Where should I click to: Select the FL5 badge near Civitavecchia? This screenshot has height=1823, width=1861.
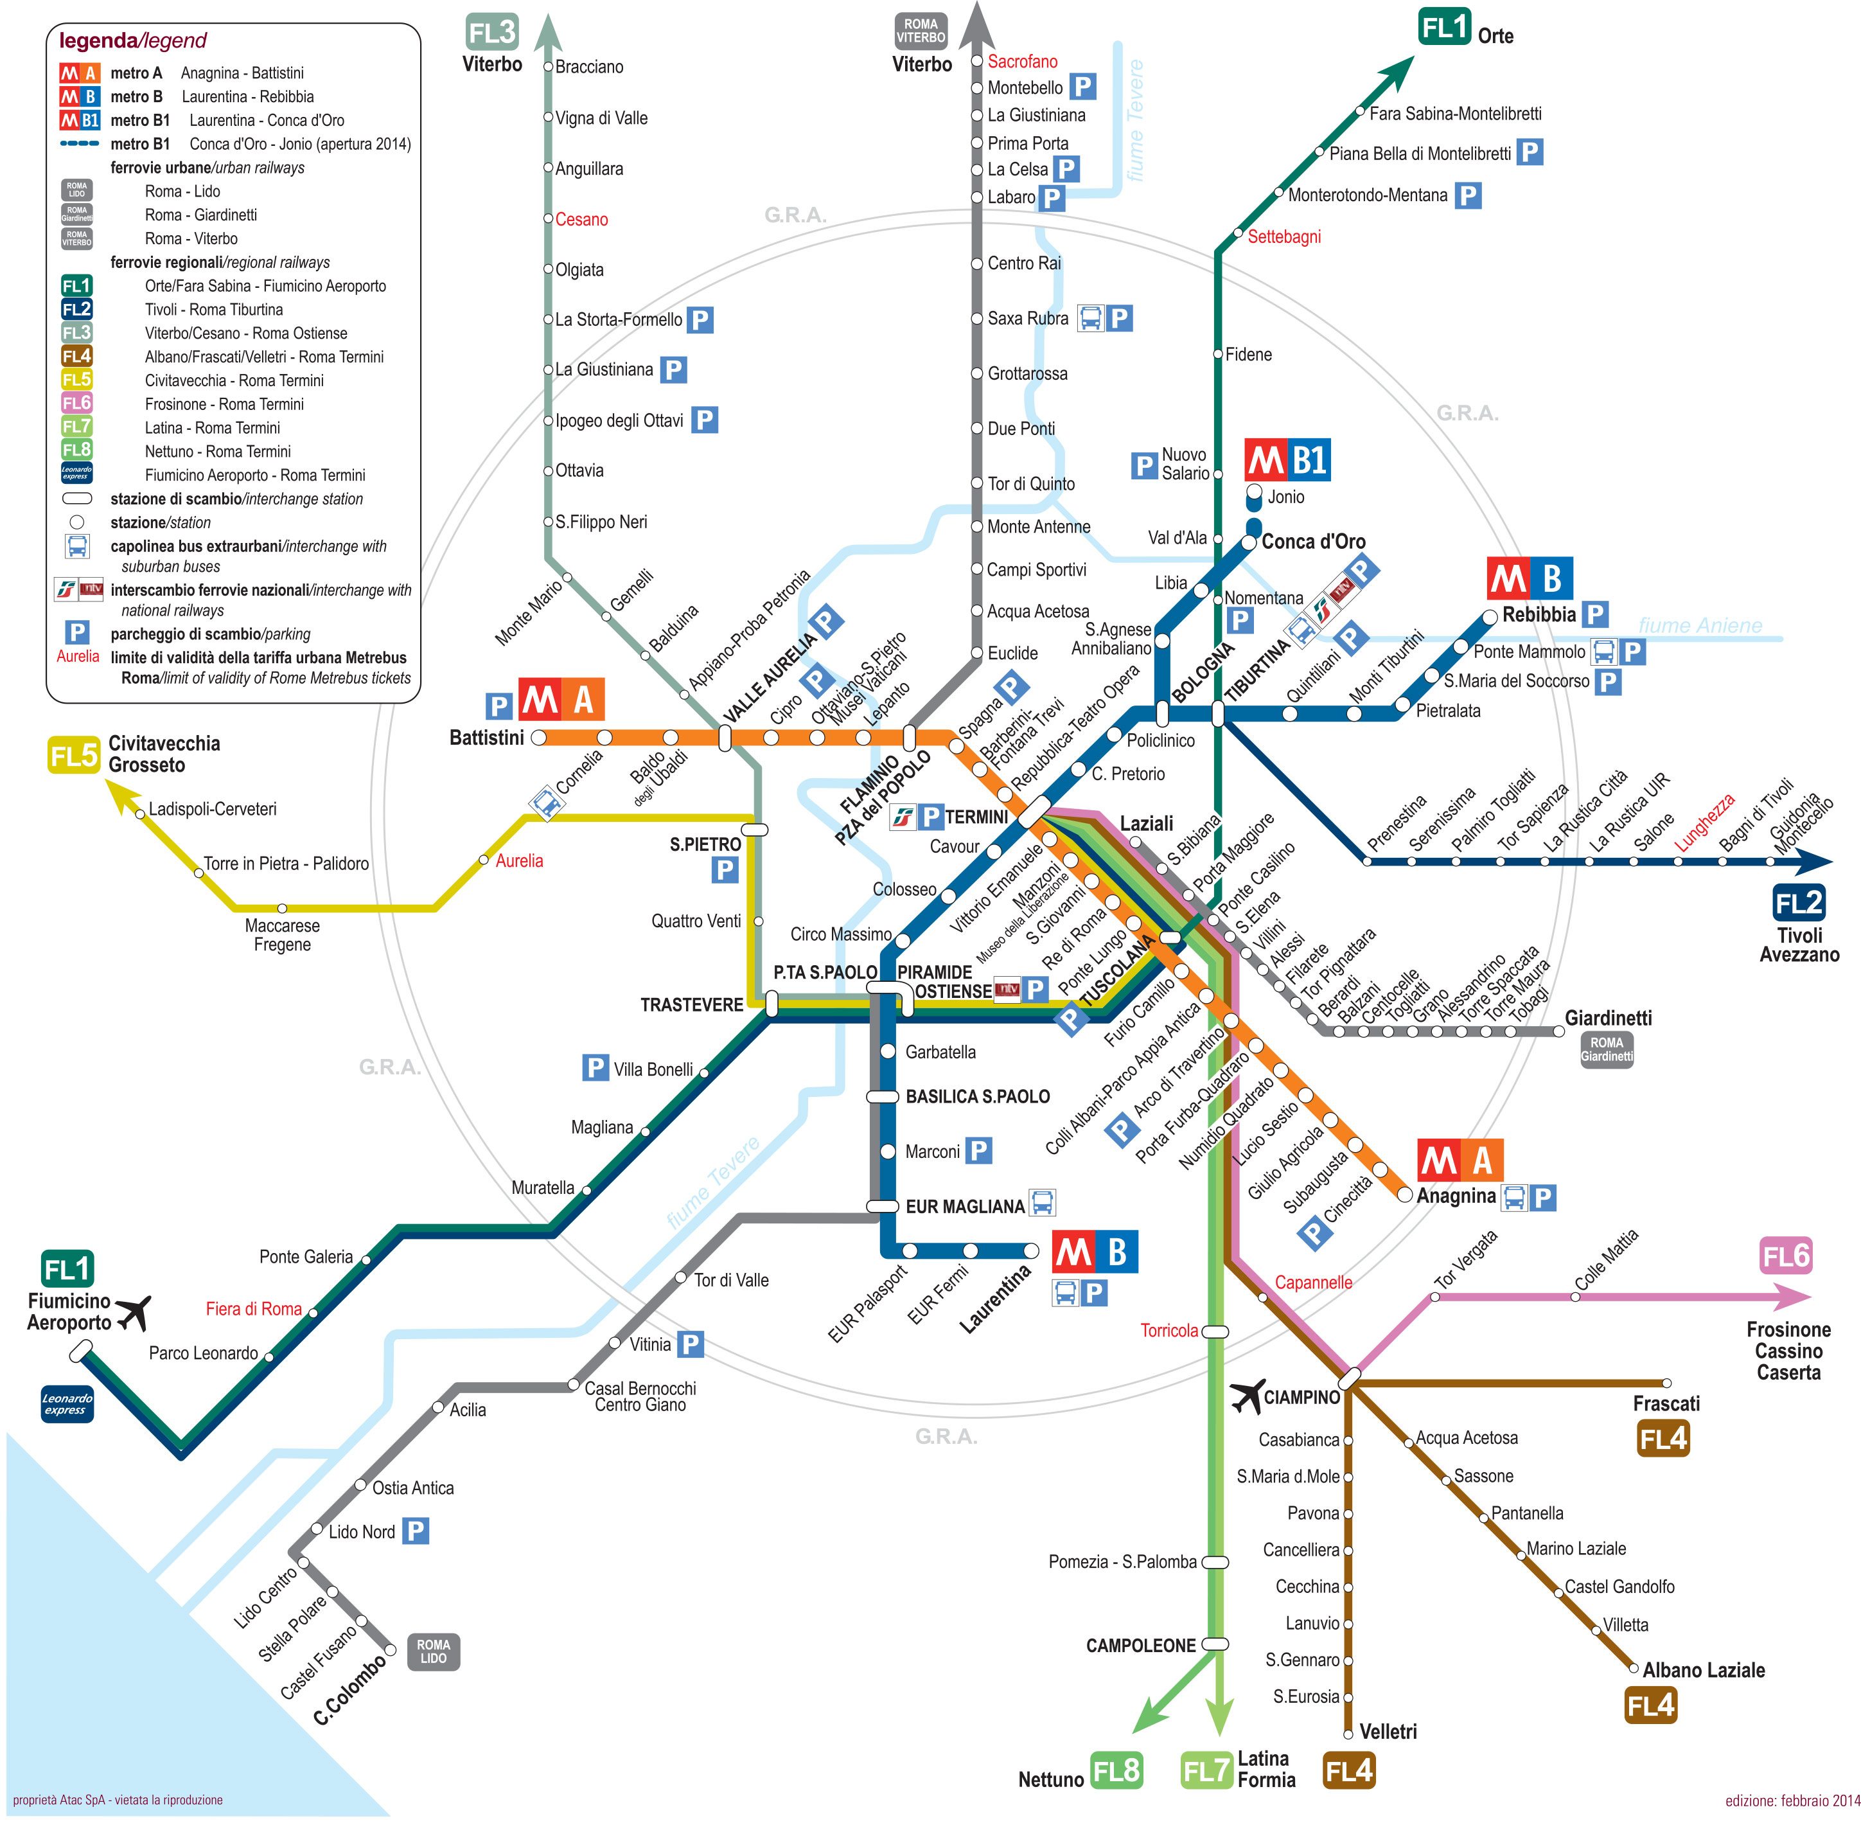(x=74, y=756)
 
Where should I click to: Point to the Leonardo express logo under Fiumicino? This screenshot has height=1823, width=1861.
(x=67, y=1403)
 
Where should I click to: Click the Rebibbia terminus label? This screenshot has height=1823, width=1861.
(x=1539, y=615)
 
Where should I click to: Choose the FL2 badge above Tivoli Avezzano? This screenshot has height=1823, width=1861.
(x=1799, y=902)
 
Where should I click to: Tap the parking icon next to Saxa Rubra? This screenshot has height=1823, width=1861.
(x=1118, y=318)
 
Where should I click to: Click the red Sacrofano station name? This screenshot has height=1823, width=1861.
(x=1023, y=61)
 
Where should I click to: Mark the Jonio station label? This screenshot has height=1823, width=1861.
(x=1285, y=497)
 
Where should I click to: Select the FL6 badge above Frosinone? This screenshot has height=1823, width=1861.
(x=1785, y=1256)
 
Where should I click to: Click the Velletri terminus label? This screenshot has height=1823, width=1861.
(x=1388, y=1731)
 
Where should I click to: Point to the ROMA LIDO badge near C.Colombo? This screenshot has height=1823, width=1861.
(x=433, y=1651)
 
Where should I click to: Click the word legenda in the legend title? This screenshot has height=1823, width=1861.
(x=98, y=40)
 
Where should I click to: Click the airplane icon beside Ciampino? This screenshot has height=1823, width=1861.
(x=1246, y=1396)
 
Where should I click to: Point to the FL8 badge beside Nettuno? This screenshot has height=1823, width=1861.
(x=1116, y=1770)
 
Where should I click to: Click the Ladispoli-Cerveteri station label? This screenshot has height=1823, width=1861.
(x=213, y=809)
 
